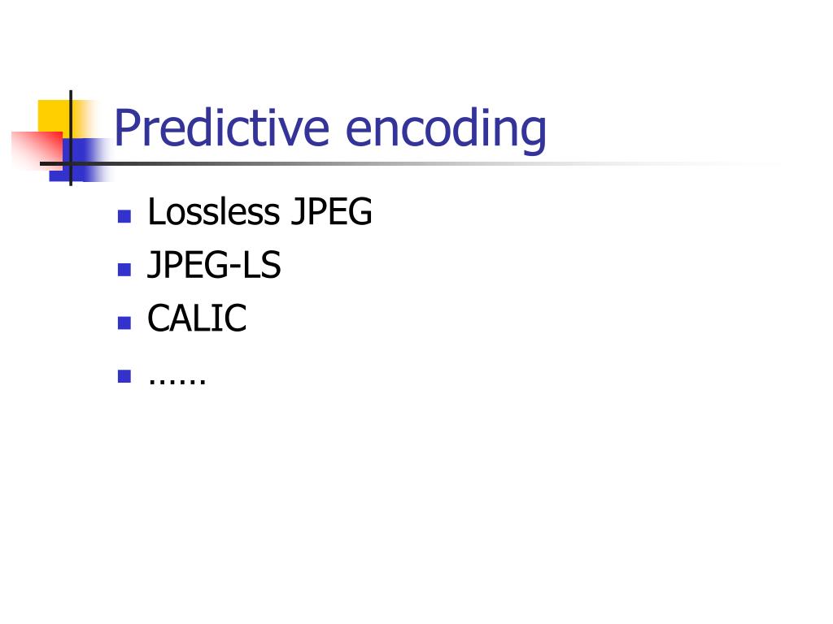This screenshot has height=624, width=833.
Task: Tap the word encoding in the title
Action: [x=446, y=130]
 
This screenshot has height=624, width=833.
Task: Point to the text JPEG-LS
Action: [x=214, y=266]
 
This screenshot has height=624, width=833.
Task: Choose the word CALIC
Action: [x=197, y=319]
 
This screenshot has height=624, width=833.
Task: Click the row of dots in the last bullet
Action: [x=177, y=379]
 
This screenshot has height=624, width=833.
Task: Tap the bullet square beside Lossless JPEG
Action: [x=124, y=216]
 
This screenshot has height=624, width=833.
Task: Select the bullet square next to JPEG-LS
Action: [x=124, y=270]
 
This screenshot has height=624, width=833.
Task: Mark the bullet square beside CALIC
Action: [x=124, y=323]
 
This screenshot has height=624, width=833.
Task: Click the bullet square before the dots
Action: [x=124, y=376]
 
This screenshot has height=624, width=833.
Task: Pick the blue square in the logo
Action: [x=81, y=159]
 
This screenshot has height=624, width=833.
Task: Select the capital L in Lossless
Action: [x=155, y=213]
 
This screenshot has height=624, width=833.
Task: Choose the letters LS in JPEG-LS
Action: [x=261, y=266]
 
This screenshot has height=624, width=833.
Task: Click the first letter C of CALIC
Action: [x=158, y=319]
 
